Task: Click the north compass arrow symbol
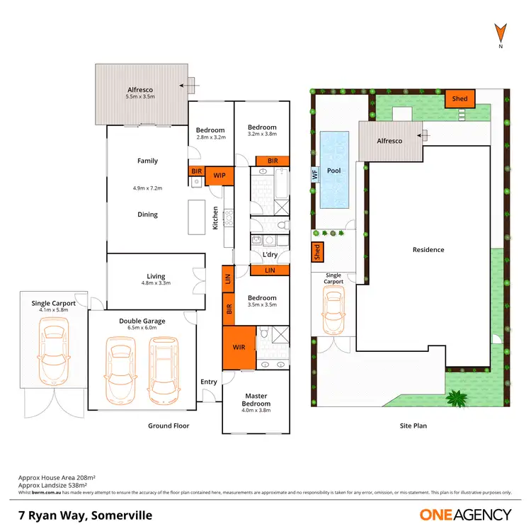(500, 32)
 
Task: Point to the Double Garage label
(142, 321)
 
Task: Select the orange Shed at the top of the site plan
(460, 99)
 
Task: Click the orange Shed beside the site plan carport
(317, 251)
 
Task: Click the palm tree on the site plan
(458, 399)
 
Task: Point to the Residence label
(428, 249)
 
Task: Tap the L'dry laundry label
(269, 254)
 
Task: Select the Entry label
(209, 382)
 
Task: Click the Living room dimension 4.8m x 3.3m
(156, 283)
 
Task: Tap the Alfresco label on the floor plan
(139, 88)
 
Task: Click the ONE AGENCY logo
(465, 515)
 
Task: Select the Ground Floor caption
(169, 426)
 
